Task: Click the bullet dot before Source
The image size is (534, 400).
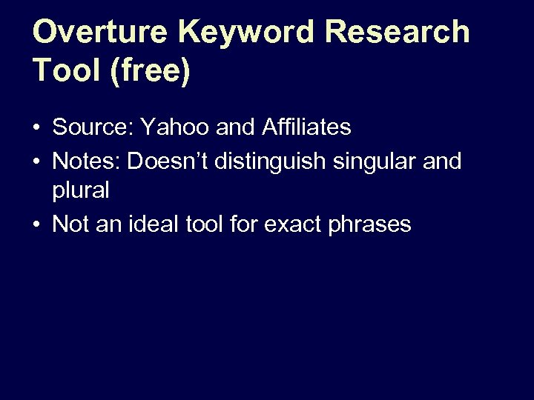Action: [x=36, y=129]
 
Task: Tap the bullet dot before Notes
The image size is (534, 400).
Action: [x=36, y=161]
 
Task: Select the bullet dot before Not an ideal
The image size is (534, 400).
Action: [x=36, y=224]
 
